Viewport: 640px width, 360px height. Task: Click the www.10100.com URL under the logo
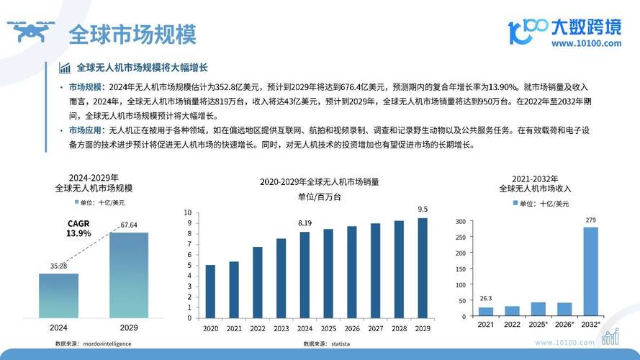coord(586,43)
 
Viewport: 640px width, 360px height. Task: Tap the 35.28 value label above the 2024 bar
coord(58,266)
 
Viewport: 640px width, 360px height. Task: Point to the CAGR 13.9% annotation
coord(78,229)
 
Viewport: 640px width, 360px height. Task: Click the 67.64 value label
coord(129,225)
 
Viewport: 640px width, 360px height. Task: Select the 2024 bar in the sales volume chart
coord(305,274)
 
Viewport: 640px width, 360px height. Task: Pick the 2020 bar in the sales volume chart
coord(210,291)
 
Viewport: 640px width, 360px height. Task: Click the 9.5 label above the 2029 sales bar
coord(423,210)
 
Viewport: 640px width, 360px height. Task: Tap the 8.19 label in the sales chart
coord(305,223)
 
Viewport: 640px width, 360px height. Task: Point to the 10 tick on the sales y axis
coord(188,212)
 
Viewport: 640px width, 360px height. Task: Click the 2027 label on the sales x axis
coord(375,328)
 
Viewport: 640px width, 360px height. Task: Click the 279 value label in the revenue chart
coord(590,220)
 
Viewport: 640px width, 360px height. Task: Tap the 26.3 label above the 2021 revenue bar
coord(486,299)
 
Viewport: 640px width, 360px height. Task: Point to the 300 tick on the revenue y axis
coord(461,222)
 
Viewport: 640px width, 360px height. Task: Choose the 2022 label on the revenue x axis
coord(512,325)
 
